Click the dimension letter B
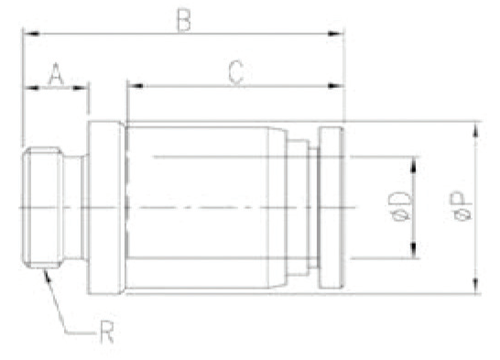[x=184, y=21]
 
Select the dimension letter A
[x=56, y=74]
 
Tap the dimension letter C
[x=236, y=72]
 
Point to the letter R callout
[x=106, y=332]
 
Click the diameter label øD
[x=400, y=206]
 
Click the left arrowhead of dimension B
[x=31, y=34]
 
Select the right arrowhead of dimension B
[x=335, y=34]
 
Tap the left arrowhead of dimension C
[x=136, y=86]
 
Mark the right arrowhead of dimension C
[x=335, y=86]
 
